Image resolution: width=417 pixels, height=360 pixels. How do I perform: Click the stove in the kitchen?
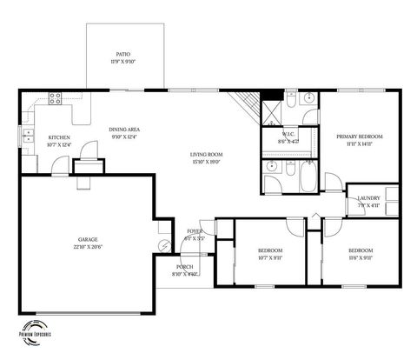[55, 98]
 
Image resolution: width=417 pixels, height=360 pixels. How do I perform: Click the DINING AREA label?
[125, 130]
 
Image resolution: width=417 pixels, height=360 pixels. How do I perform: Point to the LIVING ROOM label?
[206, 154]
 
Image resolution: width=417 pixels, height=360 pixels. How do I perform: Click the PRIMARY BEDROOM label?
[360, 137]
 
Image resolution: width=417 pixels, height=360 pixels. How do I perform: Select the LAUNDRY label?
[368, 198]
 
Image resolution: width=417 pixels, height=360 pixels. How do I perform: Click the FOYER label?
[193, 230]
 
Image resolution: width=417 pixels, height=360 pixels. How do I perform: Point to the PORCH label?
[184, 267]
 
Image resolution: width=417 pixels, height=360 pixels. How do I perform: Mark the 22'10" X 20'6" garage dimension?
[87, 247]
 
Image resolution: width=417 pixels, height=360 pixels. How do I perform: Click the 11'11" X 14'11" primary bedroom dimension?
[360, 144]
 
